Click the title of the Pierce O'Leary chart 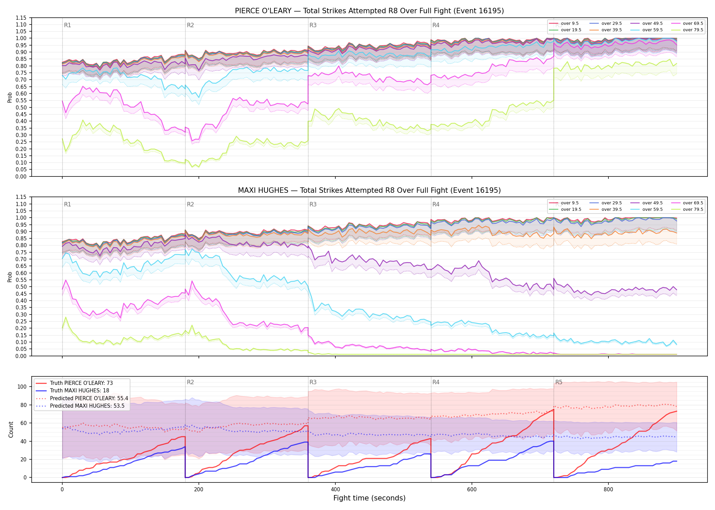tap(369, 11)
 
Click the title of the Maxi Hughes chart tap(369, 190)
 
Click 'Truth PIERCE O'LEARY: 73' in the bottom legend tap(81, 383)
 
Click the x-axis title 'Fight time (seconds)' tap(369, 498)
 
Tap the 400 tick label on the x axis tap(335, 490)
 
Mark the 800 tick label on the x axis tap(608, 490)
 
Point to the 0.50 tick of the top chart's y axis tap(21, 107)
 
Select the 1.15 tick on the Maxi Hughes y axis tap(21, 197)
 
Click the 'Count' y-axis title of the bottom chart tap(11, 430)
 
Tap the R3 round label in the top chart tap(313, 25)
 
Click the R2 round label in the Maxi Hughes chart tap(190, 204)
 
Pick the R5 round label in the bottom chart tap(559, 382)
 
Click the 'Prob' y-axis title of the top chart tap(10, 98)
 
